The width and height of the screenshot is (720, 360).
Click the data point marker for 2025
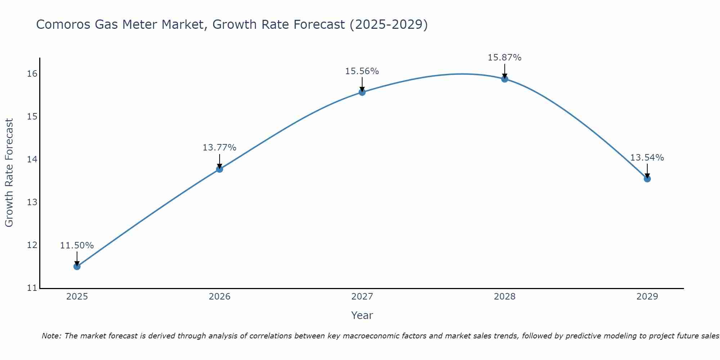point(77,266)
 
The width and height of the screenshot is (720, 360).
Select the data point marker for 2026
point(220,169)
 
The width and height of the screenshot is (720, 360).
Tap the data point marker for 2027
point(362,92)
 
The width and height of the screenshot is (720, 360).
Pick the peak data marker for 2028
point(505,79)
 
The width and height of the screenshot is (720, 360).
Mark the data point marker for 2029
point(647,179)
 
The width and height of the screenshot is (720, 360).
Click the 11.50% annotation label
point(77,246)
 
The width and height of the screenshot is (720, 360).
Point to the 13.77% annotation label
point(220,148)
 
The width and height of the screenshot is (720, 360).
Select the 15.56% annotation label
point(362,71)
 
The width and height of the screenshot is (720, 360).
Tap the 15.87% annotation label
point(505,58)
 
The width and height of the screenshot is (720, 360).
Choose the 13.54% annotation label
point(647,158)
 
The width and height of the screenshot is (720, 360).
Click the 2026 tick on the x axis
point(220,297)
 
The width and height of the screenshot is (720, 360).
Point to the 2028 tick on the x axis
point(505,297)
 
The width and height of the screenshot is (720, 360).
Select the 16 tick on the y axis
point(32,74)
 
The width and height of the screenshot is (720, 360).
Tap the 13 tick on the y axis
point(32,202)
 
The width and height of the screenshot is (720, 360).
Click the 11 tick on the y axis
point(32,288)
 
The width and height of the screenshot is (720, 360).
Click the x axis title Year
point(362,315)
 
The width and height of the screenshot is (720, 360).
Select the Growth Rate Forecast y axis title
point(9,173)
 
